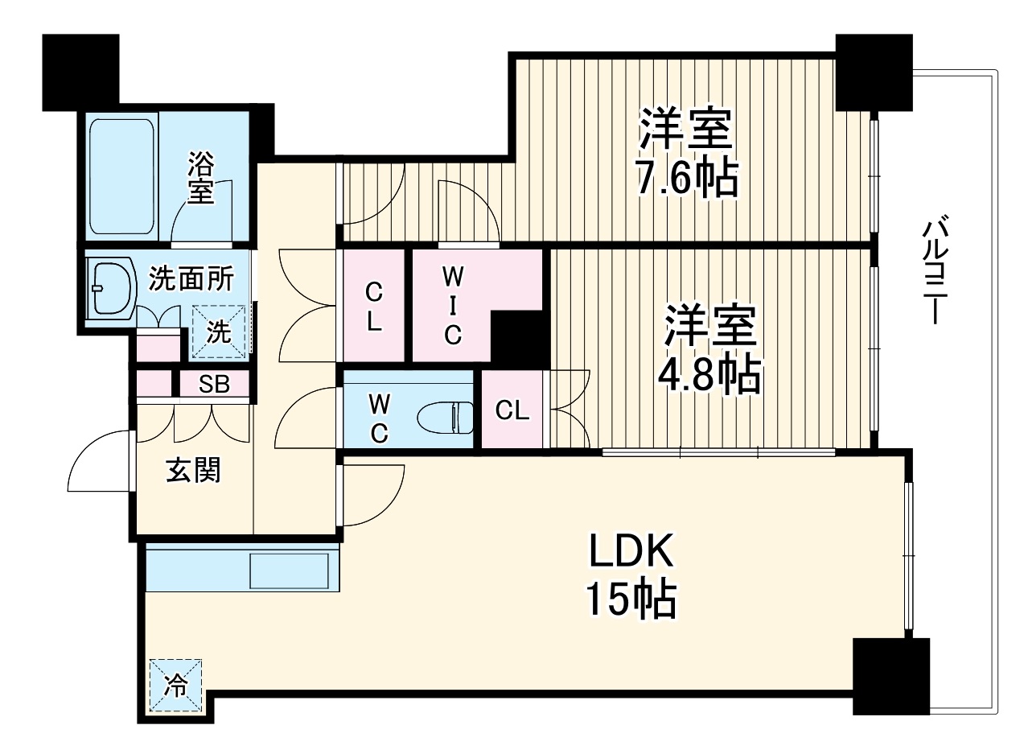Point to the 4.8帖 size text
tap(709, 376)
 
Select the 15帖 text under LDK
tap(631, 599)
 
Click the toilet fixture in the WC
tap(445, 418)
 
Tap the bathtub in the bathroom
tap(121, 176)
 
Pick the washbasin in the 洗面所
tap(111, 288)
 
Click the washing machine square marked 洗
tap(219, 332)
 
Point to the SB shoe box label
tap(214, 384)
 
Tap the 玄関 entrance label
tap(193, 470)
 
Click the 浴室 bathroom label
tap(201, 179)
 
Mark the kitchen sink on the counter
tap(289, 571)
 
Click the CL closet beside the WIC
tap(373, 307)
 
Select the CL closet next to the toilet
tap(512, 410)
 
